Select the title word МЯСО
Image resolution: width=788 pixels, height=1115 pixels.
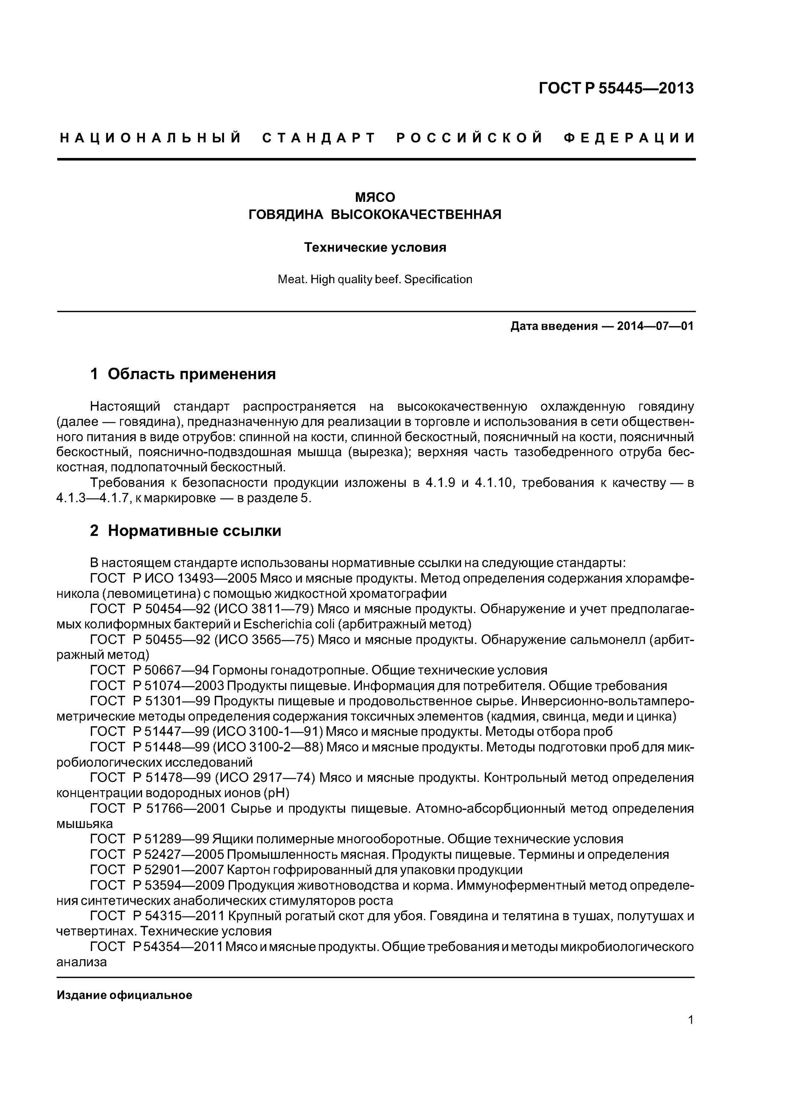(375, 197)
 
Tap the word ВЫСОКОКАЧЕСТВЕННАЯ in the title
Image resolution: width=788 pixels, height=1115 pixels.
(416, 214)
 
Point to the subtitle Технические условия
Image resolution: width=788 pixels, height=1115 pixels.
(375, 248)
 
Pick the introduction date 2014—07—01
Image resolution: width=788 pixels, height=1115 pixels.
(655, 326)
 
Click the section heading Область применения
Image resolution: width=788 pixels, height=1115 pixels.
(191, 374)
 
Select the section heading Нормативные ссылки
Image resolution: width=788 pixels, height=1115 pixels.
(194, 531)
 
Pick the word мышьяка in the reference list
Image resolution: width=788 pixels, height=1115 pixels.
(84, 824)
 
